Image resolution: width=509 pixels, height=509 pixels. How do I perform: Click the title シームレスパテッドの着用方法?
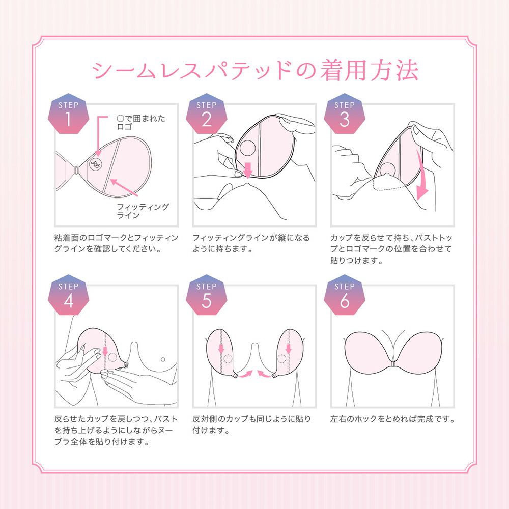pyautogui.click(x=254, y=71)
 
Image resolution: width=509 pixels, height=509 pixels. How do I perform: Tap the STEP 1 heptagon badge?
pyautogui.click(x=69, y=115)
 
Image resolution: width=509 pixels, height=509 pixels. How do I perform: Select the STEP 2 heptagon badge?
pyautogui.click(x=207, y=115)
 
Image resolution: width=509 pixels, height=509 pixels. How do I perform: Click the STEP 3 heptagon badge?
pyautogui.click(x=345, y=115)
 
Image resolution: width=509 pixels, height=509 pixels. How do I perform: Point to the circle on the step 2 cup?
pyautogui.click(x=248, y=150)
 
